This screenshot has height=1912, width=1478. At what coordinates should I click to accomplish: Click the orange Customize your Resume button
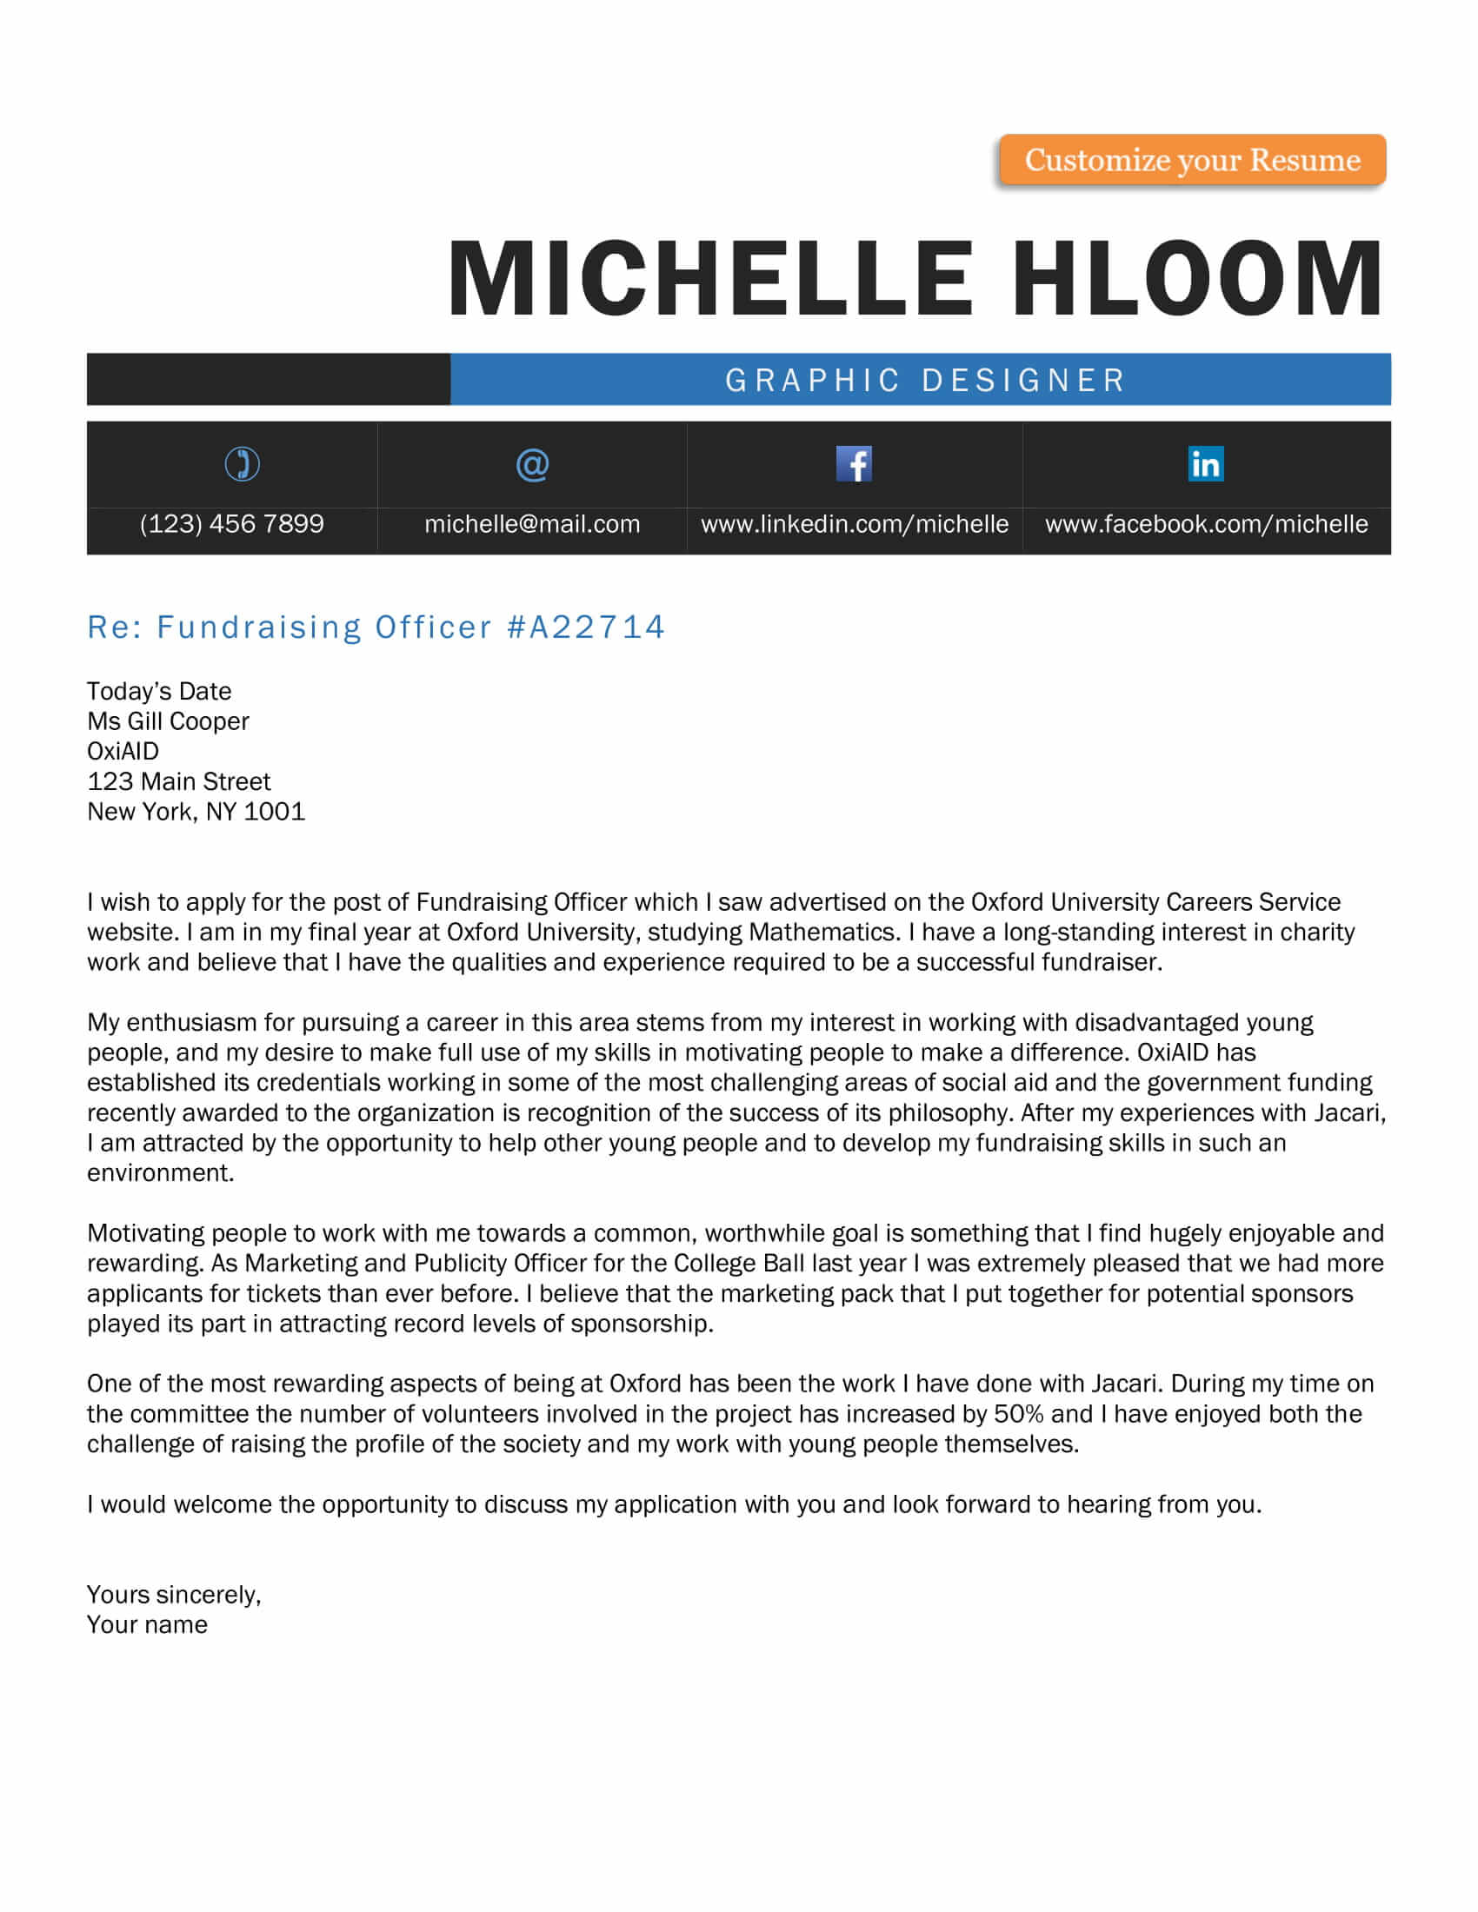coord(1192,160)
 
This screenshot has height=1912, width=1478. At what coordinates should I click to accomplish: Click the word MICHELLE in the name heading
coord(710,278)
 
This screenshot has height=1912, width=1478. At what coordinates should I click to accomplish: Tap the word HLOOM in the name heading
coord(1197,278)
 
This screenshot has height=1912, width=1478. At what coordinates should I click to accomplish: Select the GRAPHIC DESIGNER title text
coord(926,380)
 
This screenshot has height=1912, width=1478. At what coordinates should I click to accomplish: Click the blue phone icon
coord(242,464)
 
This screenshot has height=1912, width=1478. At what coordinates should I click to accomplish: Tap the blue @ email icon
coord(532,464)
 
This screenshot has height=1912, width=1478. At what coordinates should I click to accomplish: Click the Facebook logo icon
coord(854,464)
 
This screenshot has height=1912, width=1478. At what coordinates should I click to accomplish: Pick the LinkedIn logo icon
coord(1206,464)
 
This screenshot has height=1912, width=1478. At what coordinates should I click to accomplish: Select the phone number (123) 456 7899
coord(232,523)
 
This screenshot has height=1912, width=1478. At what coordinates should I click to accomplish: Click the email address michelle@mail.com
coord(532,523)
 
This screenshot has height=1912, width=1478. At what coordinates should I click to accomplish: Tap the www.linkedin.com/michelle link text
coord(855,523)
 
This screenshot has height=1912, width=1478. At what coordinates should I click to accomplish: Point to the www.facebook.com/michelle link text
coord(1207,523)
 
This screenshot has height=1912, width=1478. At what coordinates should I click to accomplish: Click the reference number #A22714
coord(586,627)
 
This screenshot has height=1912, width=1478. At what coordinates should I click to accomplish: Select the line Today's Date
coord(159,692)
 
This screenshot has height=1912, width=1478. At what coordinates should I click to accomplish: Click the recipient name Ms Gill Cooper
coord(168,721)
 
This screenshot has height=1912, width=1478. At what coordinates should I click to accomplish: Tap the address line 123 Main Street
coord(178,781)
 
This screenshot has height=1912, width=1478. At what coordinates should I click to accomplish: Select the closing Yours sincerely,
coord(173,1594)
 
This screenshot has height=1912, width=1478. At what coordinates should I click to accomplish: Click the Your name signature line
coord(147,1625)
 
